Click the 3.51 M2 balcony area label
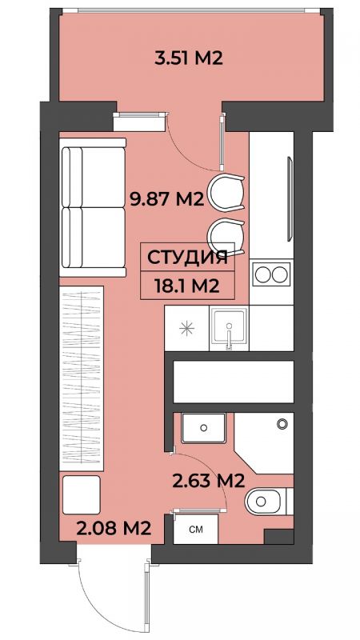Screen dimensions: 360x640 (x=188, y=58)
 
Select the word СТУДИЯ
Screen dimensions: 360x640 (x=187, y=258)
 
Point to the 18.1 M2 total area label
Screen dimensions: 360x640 (x=187, y=286)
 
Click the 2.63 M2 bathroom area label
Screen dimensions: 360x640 (x=208, y=481)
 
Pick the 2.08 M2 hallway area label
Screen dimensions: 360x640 (x=114, y=529)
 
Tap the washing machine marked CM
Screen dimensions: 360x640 (x=195, y=529)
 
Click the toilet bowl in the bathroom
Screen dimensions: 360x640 (x=266, y=501)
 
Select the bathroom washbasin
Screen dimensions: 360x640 (x=203, y=428)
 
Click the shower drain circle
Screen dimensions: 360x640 (x=282, y=424)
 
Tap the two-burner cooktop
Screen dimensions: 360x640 (x=271, y=274)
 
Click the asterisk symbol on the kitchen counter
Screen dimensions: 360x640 (x=186, y=328)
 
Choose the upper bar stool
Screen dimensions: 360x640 (x=226, y=192)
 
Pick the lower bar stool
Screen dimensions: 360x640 (x=226, y=236)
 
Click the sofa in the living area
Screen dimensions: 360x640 (x=93, y=207)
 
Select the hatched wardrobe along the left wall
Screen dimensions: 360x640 (x=82, y=378)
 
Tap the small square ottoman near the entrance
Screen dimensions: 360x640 (x=82, y=494)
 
